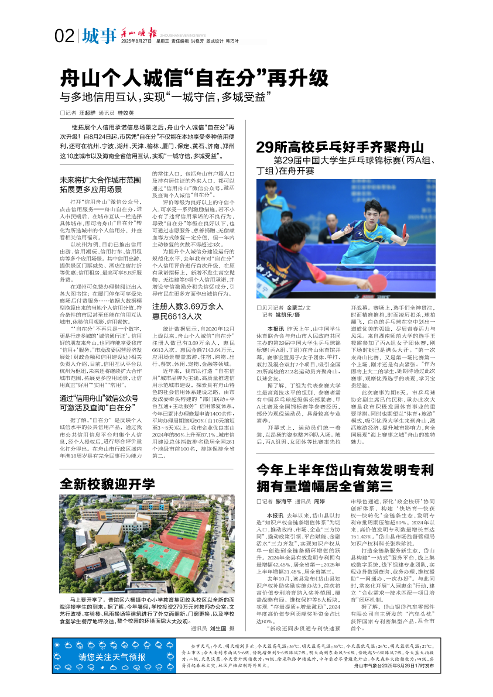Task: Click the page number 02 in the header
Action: coord(64,37)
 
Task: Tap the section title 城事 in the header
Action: coord(99,37)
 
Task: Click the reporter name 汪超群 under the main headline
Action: coord(87,112)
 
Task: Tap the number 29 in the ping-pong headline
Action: coord(265,147)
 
